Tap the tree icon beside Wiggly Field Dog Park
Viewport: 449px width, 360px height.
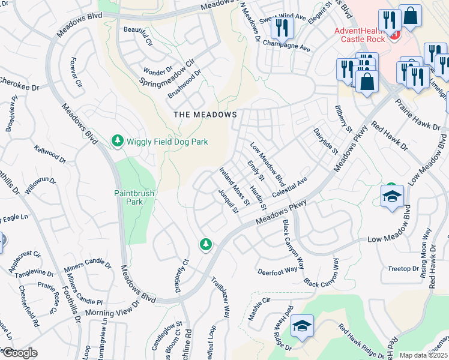118,142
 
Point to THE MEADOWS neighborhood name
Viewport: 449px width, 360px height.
205,114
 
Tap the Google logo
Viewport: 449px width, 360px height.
20,353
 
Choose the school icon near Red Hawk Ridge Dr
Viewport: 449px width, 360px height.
301,327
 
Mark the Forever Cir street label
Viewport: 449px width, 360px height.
76,72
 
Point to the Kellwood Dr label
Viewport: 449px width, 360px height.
50,155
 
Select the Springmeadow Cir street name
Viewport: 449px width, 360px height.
167,71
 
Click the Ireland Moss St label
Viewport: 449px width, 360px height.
234,180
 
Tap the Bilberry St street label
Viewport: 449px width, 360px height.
343,120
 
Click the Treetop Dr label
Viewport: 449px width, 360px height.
403,268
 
